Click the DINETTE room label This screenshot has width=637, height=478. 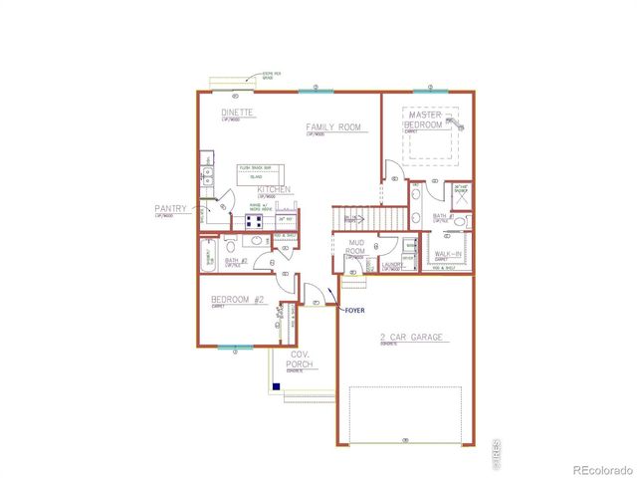coord(236,114)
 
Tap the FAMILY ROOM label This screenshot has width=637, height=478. coord(333,126)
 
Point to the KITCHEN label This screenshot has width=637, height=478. coord(273,189)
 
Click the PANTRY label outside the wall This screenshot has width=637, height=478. coord(170,209)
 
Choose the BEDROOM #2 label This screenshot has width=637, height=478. coord(236,299)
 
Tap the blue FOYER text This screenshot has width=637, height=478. coord(354,311)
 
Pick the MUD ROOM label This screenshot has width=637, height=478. coord(357,247)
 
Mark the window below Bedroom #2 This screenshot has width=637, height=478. coord(232,348)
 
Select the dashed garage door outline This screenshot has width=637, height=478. coord(405,412)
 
